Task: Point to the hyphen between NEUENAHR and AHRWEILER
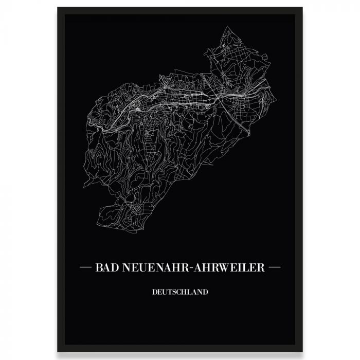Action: point(189,268)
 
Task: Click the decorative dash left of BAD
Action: point(85,267)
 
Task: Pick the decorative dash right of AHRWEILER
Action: point(275,267)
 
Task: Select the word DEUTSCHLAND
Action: point(180,292)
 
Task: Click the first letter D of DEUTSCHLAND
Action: point(154,292)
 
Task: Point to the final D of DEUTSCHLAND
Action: point(206,292)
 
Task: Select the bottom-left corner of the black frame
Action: point(58,352)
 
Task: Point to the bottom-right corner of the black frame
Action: point(302,352)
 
